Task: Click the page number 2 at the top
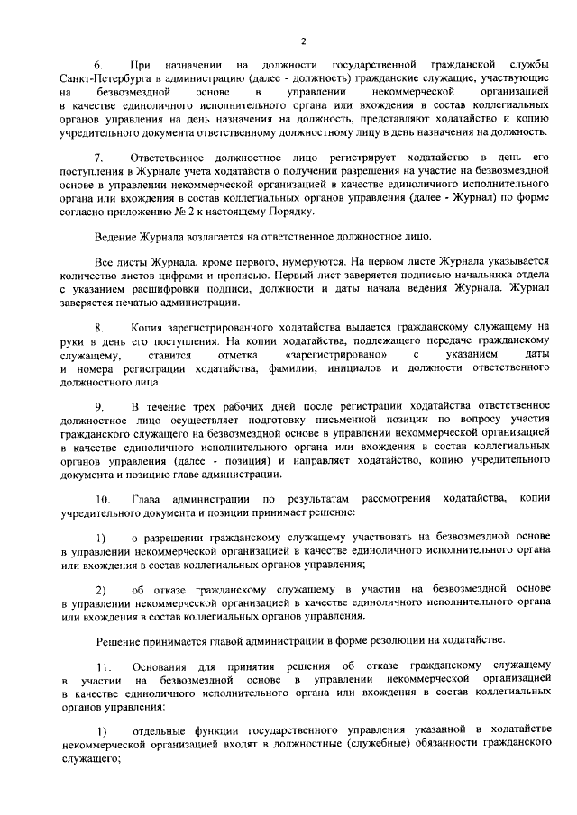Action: click(x=304, y=41)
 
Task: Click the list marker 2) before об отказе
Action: click(x=102, y=589)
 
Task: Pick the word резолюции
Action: click(x=383, y=639)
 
